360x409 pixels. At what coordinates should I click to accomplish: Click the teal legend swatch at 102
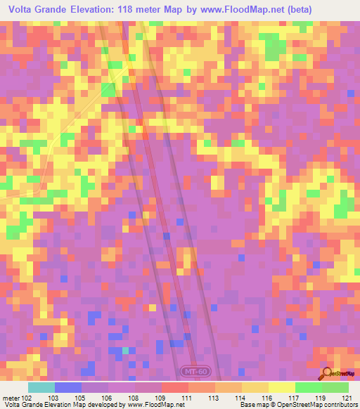coord(41,387)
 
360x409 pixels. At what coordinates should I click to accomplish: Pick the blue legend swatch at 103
coord(67,387)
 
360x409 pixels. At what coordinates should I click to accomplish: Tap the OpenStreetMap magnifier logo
coord(327,374)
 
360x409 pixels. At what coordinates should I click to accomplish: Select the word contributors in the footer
coord(340,405)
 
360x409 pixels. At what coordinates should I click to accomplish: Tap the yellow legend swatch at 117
coord(281,387)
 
